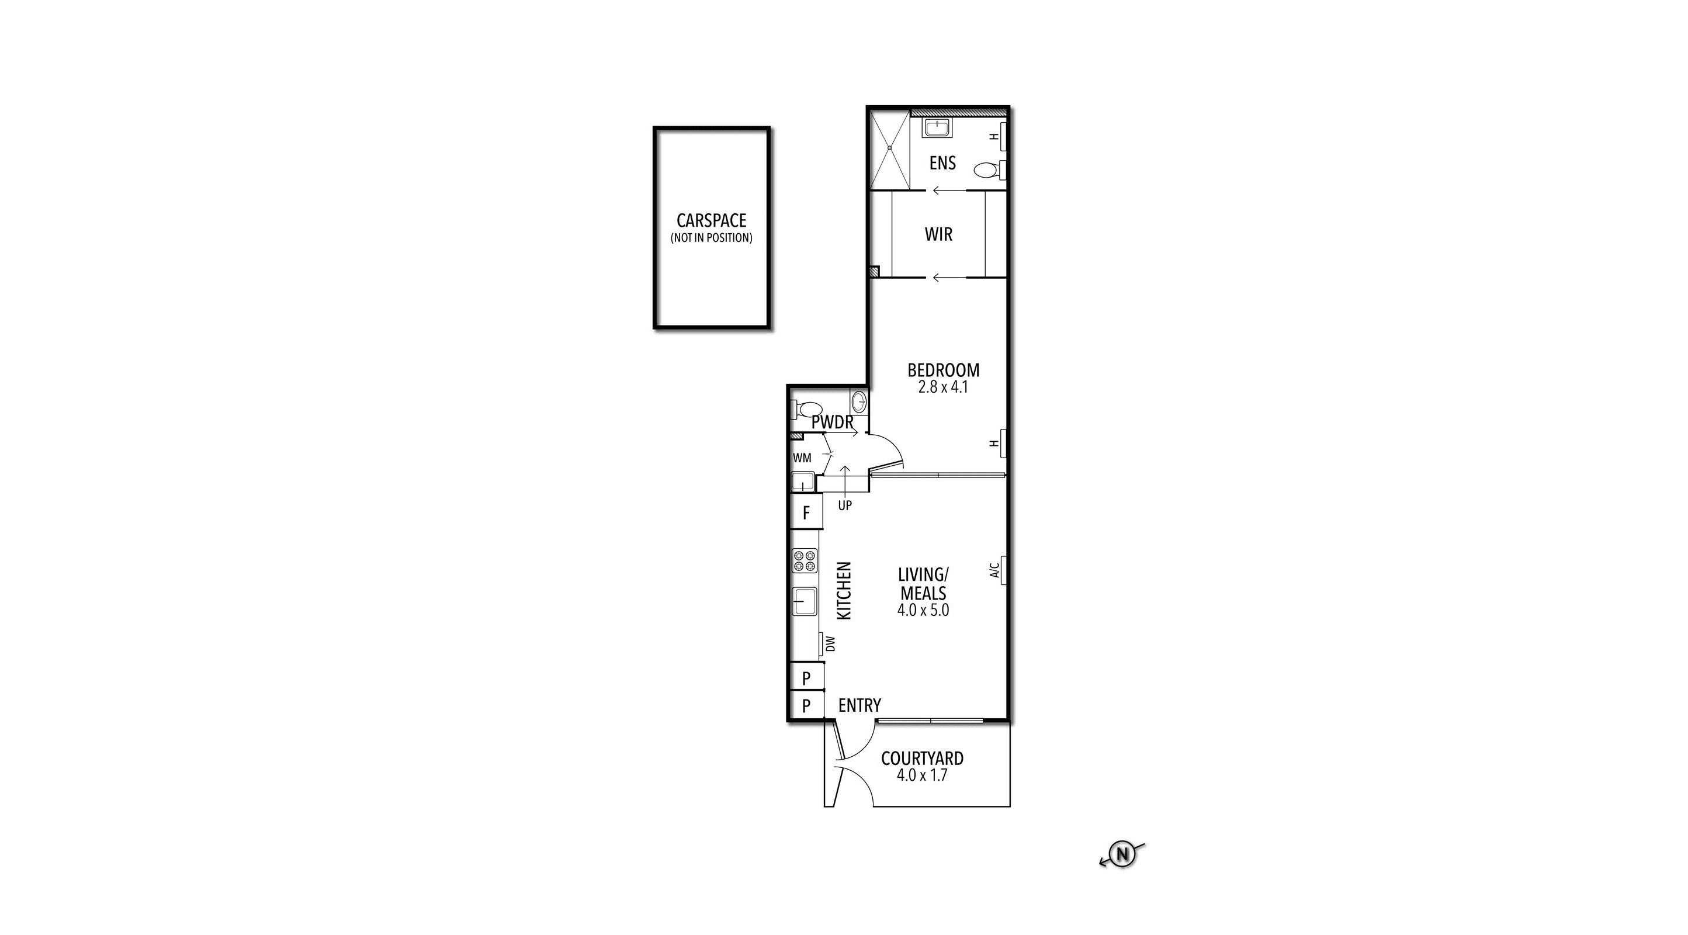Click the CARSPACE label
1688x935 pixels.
(711, 221)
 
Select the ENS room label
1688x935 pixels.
(942, 163)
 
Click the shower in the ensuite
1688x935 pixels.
(890, 150)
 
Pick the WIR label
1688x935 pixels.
(938, 234)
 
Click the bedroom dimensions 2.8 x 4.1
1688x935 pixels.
(943, 387)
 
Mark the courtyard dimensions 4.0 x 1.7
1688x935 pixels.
(922, 776)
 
